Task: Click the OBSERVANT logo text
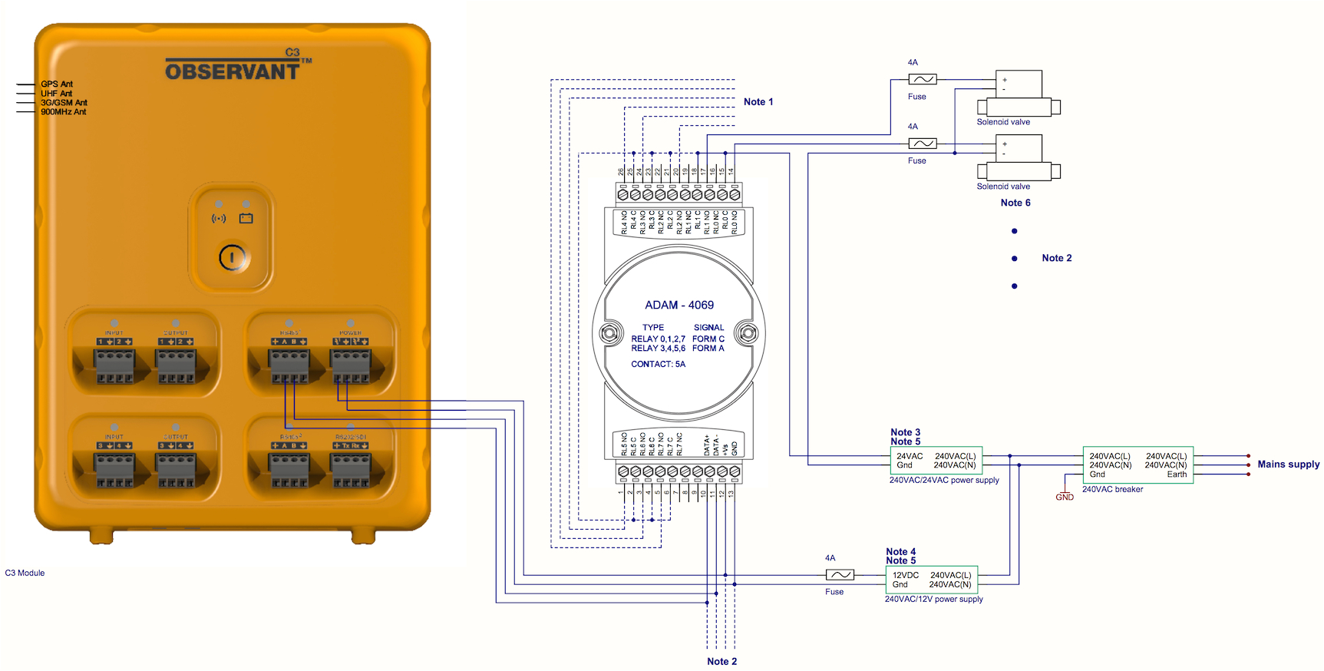pos(233,71)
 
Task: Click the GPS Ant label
pos(57,84)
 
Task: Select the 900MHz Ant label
pos(63,112)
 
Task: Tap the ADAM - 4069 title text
pos(679,305)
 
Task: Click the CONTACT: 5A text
pos(658,364)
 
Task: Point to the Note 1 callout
pos(758,101)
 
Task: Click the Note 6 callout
pos(1015,203)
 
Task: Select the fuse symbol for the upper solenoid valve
pos(922,79)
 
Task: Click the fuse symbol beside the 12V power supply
pos(840,574)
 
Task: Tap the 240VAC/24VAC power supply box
pos(936,461)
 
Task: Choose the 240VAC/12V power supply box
pos(931,580)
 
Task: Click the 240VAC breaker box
pos(1137,465)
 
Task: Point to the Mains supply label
pos(1288,464)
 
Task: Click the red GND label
pos(1065,497)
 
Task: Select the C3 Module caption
pos(25,573)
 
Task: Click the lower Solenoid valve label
pos(1003,187)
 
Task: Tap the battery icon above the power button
pos(246,219)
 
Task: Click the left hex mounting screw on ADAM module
pos(610,333)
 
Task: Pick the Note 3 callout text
pos(905,432)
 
